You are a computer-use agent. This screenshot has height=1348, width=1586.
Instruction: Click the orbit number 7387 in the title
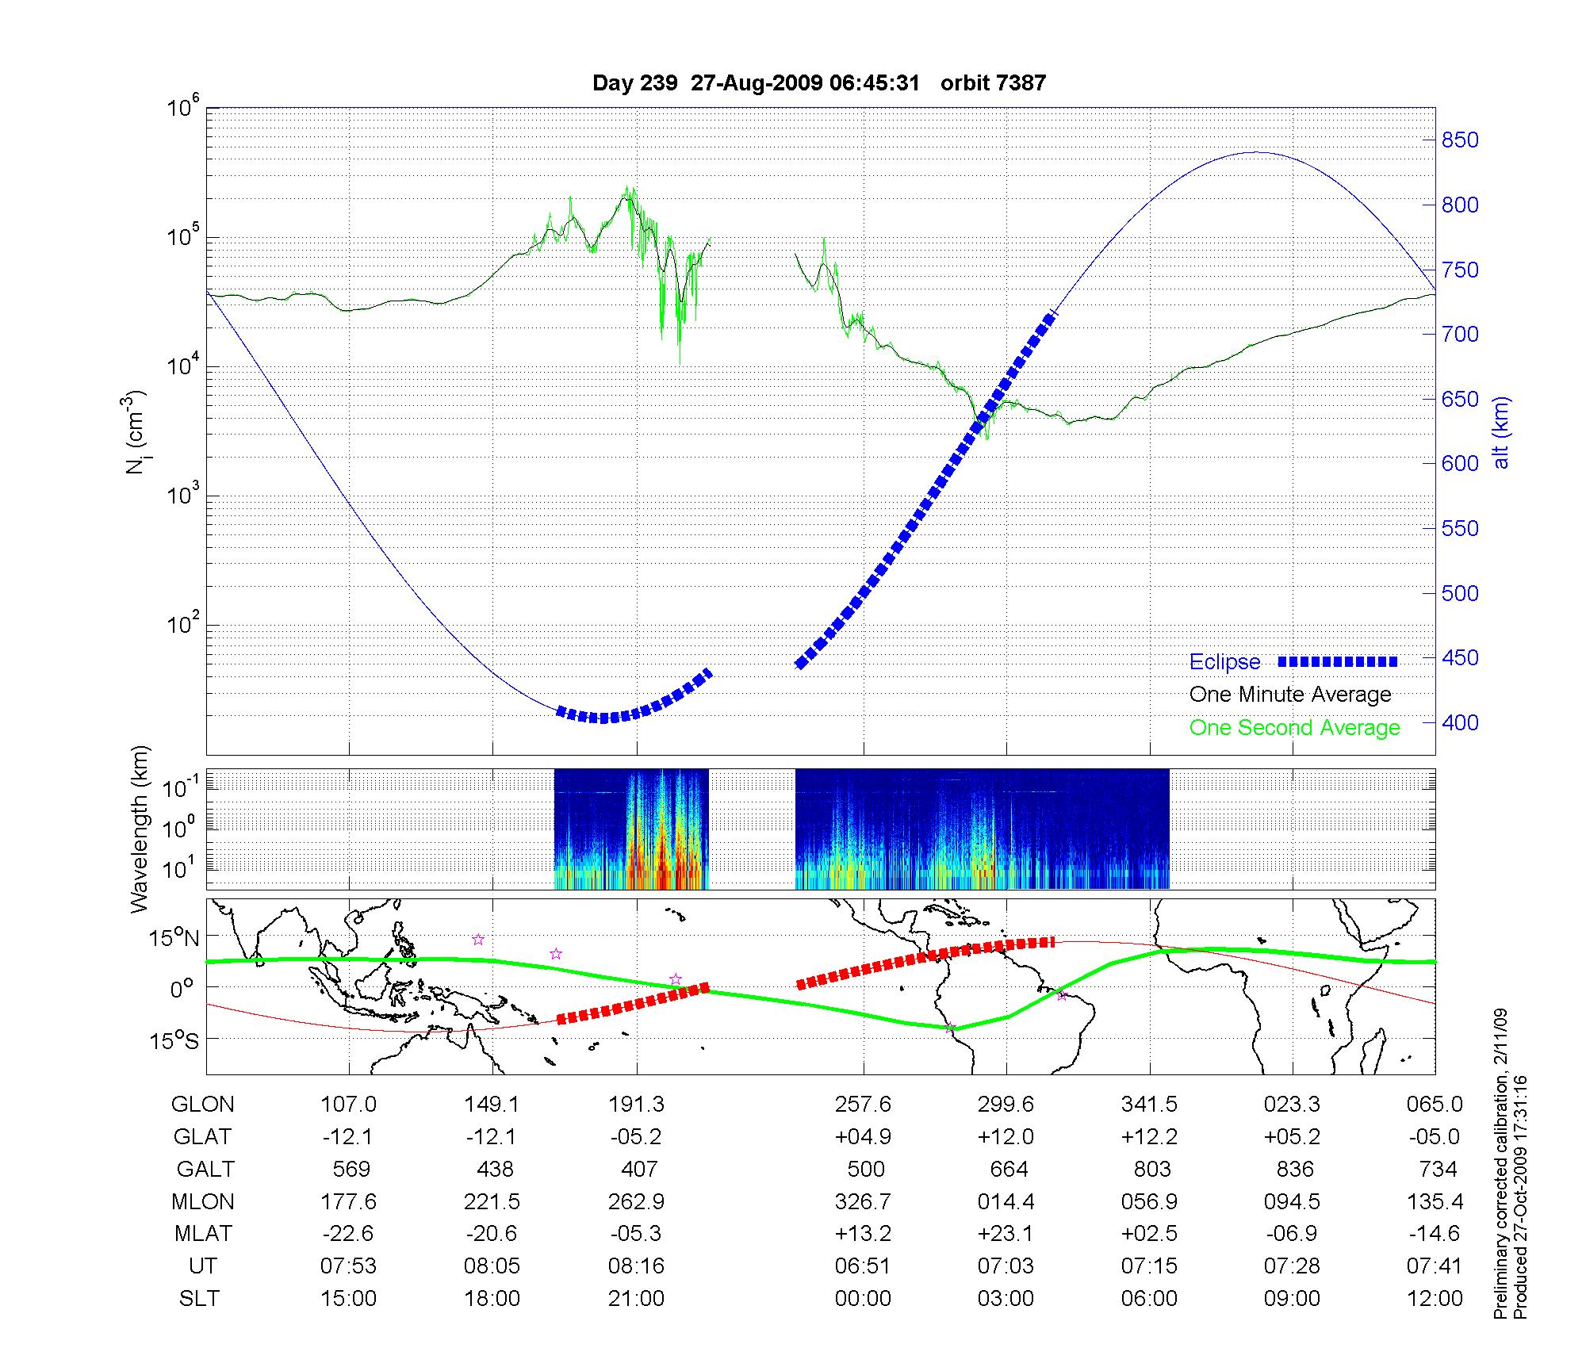coord(993,83)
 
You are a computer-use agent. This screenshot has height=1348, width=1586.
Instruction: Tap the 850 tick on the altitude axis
coord(1459,140)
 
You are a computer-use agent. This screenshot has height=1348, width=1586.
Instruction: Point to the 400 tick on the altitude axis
coord(1459,722)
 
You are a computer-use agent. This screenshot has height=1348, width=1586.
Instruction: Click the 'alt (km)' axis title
coord(1501,433)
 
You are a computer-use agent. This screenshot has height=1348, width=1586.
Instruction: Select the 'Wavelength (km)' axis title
coord(140,829)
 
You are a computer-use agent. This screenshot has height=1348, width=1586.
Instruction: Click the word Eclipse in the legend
coord(1224,662)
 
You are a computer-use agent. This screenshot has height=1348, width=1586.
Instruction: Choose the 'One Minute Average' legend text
coord(1290,695)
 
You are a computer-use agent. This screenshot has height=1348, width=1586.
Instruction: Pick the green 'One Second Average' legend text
coord(1294,728)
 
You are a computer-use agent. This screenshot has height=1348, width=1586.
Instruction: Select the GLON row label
coord(202,1105)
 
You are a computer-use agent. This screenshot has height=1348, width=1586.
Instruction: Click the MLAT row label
coord(203,1234)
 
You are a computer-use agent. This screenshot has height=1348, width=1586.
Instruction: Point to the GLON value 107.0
coord(348,1105)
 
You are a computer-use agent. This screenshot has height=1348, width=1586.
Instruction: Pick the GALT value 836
coord(1294,1170)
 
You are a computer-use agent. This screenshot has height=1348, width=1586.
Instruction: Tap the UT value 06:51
coord(863,1266)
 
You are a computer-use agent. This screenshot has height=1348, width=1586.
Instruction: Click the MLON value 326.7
coord(863,1202)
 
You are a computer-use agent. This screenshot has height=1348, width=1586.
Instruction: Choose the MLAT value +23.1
coord(1006,1234)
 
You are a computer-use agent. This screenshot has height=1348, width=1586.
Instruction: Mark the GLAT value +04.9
coord(863,1137)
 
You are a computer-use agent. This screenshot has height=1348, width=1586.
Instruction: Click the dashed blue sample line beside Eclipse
coord(1338,661)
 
